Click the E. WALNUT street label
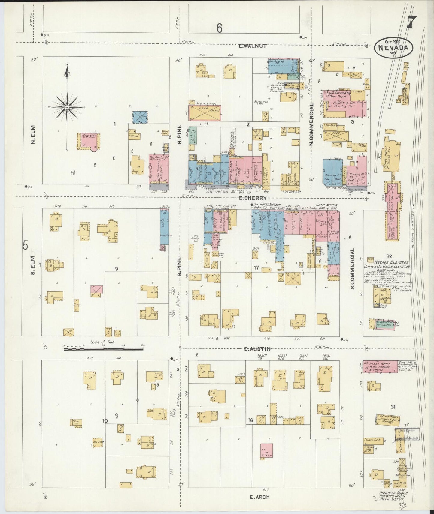[253, 46]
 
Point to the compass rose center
[67, 107]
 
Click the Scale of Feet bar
[104, 349]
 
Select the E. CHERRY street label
[253, 198]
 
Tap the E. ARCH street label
[259, 497]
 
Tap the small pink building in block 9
[97, 289]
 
